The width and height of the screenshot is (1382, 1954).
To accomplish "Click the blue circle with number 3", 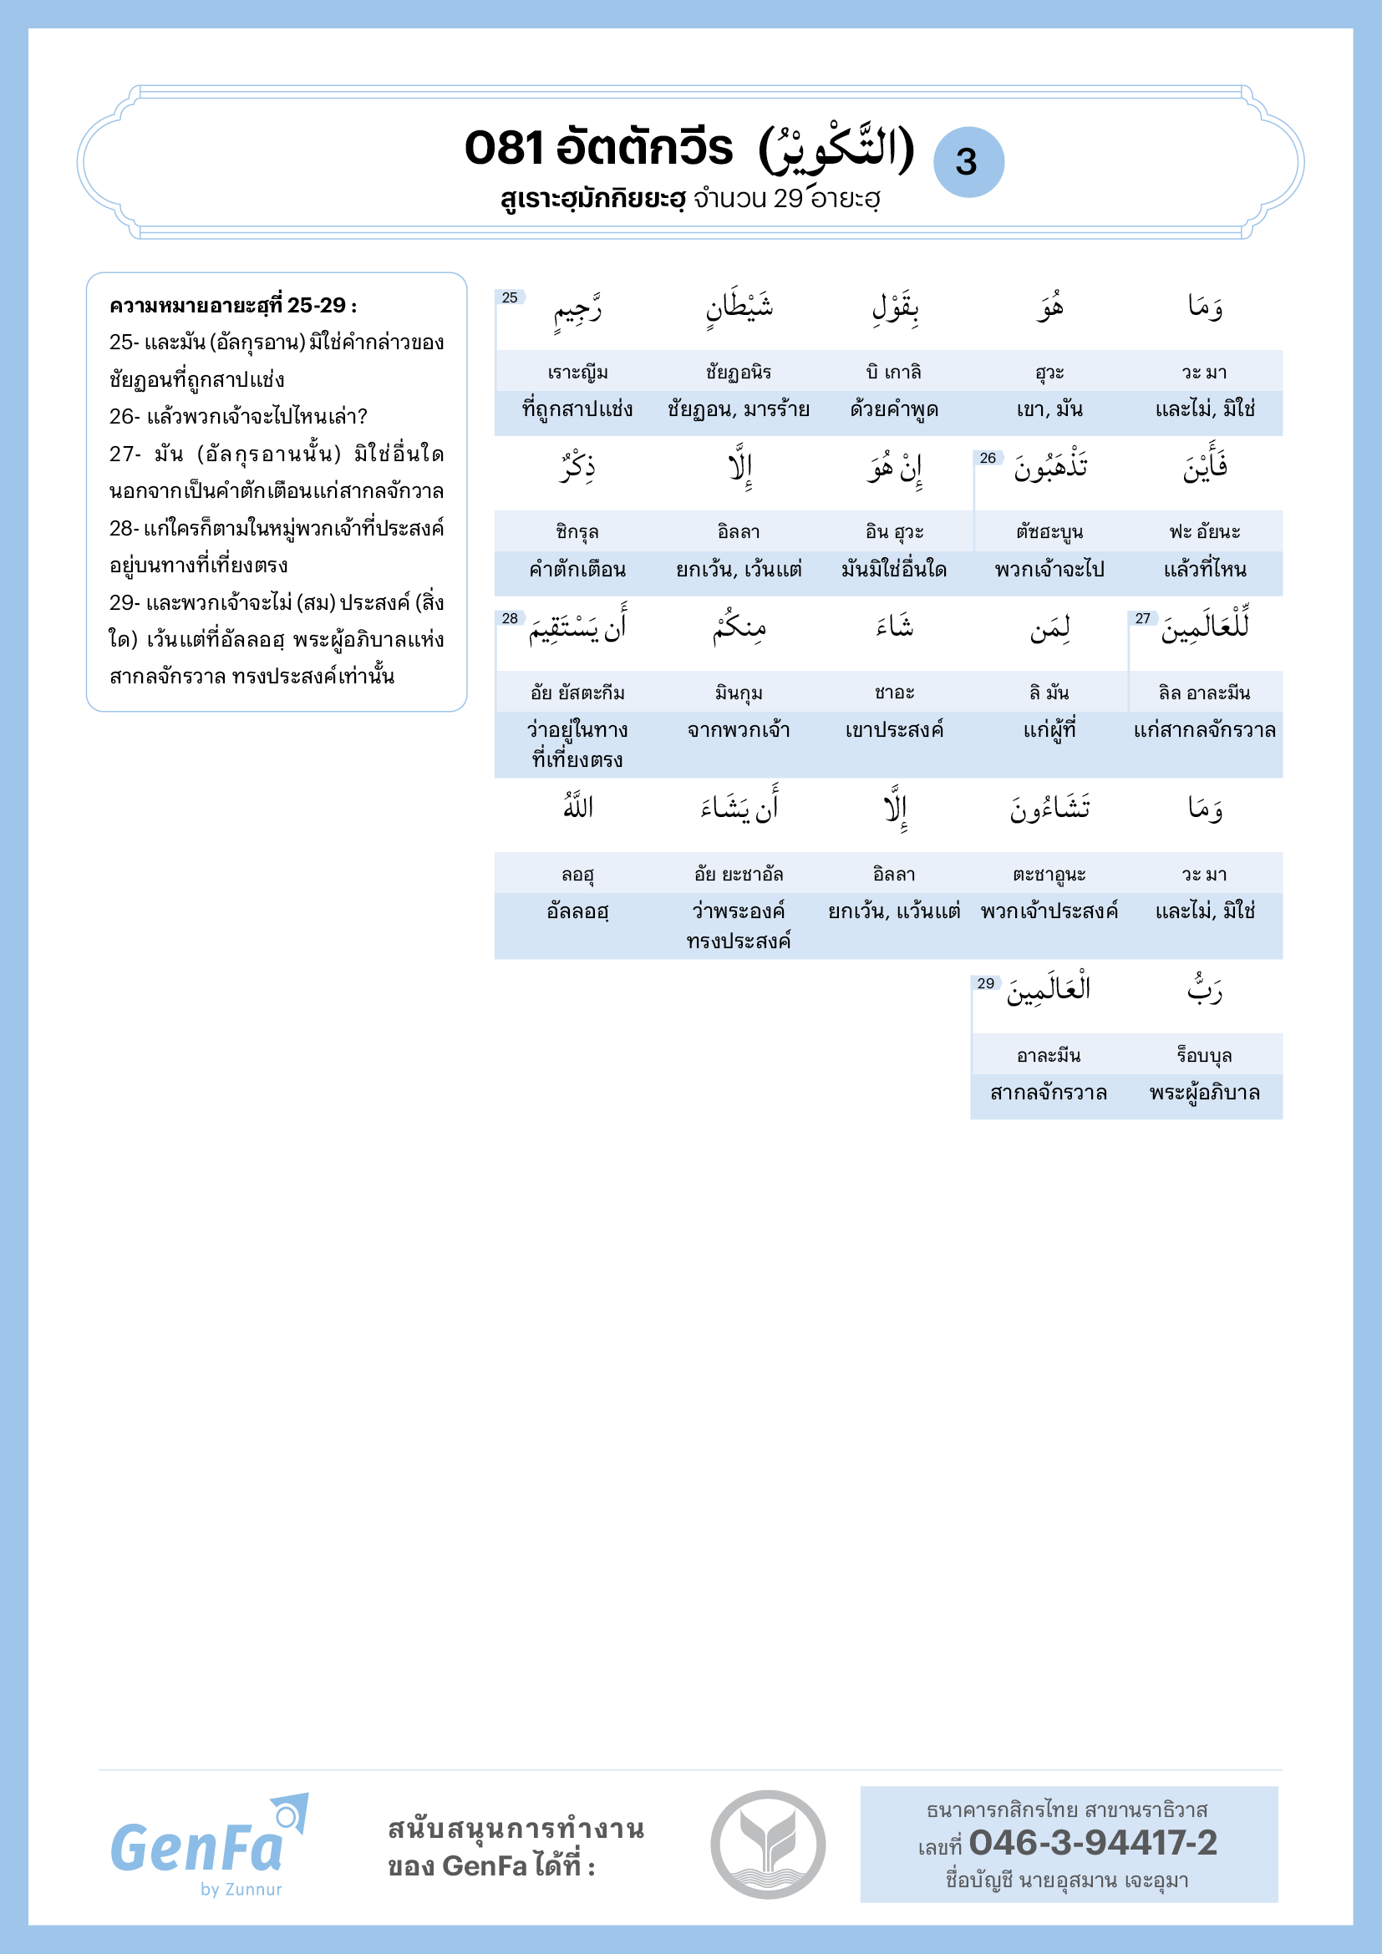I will point(968,162).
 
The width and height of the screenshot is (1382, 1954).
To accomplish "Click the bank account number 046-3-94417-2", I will point(1093,1843).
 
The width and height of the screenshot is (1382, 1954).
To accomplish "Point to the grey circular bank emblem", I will point(768,1845).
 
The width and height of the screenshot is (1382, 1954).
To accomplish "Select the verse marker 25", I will point(510,297).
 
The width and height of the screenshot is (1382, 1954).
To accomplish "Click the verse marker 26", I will point(987,458).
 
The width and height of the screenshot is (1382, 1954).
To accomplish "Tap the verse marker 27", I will point(1142,618).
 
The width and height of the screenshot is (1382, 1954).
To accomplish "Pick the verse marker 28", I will point(510,618).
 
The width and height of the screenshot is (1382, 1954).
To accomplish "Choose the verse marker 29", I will point(985,983).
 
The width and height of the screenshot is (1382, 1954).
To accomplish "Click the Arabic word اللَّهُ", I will point(578,806).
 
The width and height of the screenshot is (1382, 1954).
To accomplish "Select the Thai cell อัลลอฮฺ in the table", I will point(578,911).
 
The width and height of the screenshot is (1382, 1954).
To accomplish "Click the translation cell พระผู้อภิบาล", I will point(1204,1093).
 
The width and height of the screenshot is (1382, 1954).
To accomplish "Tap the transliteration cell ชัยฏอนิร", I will point(738,372).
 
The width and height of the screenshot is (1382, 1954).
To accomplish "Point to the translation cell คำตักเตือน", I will point(578,570).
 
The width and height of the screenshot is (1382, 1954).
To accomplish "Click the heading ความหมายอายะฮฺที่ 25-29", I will point(233,306).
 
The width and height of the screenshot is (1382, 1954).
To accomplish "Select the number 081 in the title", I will point(503,147).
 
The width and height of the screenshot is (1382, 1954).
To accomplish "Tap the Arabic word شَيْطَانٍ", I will point(739,307).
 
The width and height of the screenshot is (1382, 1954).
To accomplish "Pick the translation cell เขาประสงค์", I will point(894,729).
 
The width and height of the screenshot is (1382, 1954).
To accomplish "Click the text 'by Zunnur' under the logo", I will point(241,1890).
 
